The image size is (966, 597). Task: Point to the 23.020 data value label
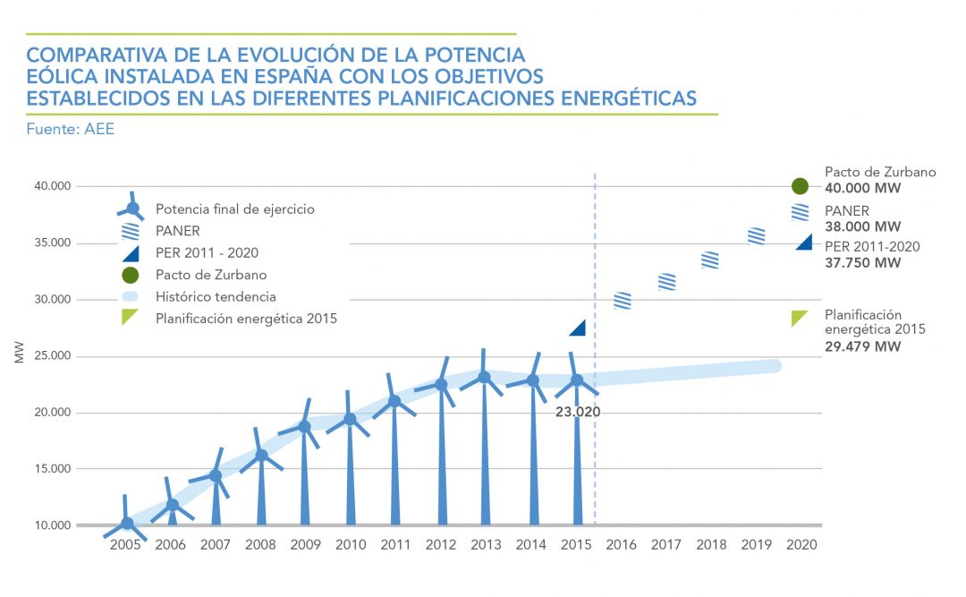click(577, 413)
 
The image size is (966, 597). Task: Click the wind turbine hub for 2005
click(127, 524)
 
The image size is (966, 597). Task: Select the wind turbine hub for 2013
click(484, 377)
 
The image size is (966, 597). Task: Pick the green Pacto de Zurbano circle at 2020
click(800, 186)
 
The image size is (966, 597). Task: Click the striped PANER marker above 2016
click(623, 301)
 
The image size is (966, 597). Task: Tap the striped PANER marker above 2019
click(757, 236)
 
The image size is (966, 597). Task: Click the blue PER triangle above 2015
click(578, 328)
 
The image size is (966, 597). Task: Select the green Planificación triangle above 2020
click(800, 318)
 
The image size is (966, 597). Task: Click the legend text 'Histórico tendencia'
click(216, 296)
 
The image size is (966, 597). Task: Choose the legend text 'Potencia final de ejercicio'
click(234, 209)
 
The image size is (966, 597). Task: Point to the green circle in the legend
click(131, 275)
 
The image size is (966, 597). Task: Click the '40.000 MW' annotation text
click(863, 189)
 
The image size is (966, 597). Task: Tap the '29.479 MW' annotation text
click(863, 346)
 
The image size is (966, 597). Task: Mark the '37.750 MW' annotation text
click(863, 262)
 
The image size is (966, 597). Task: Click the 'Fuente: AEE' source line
click(71, 130)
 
